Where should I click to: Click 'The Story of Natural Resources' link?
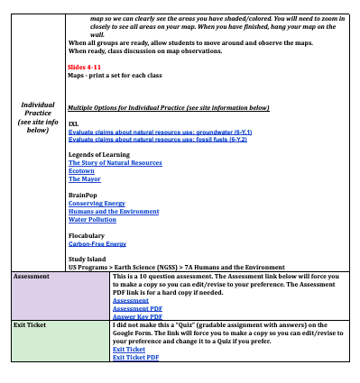click(115, 162)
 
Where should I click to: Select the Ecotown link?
click(81, 170)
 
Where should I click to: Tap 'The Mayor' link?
click(84, 178)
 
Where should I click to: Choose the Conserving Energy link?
click(97, 203)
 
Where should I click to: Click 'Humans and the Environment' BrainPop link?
click(114, 211)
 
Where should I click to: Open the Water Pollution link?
click(91, 219)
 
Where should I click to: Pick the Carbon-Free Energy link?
click(97, 243)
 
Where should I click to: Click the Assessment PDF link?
click(137, 307)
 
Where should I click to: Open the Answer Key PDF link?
click(137, 315)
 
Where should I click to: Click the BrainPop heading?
click(83, 195)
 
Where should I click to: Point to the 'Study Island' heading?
click(88, 260)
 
